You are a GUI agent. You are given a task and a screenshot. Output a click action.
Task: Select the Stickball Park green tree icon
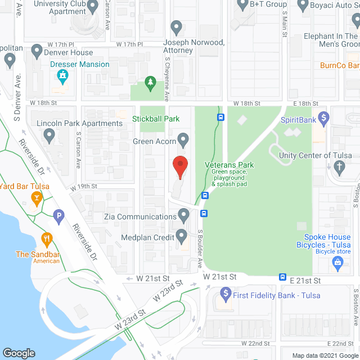pos(150,83)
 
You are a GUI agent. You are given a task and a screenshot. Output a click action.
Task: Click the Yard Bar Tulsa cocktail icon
pos(37,197)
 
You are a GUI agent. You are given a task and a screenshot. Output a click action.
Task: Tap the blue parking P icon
pos(57,215)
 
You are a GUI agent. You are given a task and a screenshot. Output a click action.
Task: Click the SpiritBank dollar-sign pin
pos(323,118)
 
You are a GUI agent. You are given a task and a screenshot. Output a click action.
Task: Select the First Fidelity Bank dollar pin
pos(226,292)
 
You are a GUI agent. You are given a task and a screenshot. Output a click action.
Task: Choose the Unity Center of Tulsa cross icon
pos(339,166)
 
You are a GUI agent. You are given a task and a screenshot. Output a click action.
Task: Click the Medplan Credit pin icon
pos(181,235)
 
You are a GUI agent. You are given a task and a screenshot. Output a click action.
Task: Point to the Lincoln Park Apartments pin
pos(49,134)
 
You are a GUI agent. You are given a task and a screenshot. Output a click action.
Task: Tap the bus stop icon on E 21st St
pos(282,277)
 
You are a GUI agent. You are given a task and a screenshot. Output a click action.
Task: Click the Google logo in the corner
pos(19,353)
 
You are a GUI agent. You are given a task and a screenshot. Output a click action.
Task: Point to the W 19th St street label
pos(84,186)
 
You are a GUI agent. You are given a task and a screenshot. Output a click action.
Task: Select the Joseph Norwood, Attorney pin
pos(176,27)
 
